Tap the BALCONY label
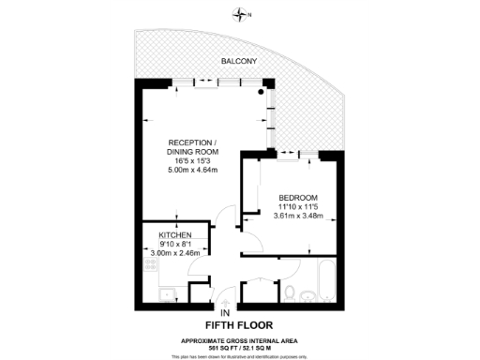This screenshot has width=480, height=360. coord(240,62)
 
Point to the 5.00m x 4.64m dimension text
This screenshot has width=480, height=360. coord(192,171)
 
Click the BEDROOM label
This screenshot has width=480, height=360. coord(297,196)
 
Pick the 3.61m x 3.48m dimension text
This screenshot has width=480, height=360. coord(299,217)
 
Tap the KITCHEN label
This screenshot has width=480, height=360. coord(175,234)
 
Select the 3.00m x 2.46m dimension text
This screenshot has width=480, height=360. coord(175,253)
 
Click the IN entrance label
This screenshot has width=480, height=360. coord(225,313)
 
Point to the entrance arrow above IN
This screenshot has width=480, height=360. coord(225,302)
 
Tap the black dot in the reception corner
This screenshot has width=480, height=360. coord(263,93)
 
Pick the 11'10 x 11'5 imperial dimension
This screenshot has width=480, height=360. coord(299,206)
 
